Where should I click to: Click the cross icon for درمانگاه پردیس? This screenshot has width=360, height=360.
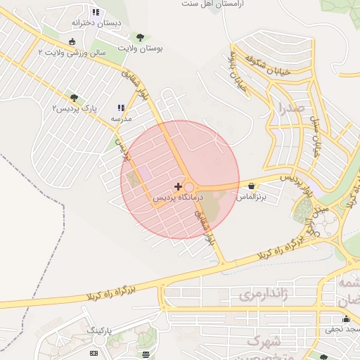point(178,186)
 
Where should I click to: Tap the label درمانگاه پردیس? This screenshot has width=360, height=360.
point(178,198)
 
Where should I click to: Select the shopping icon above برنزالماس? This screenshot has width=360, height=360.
point(252,186)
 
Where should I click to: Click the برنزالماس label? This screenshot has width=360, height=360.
point(252,198)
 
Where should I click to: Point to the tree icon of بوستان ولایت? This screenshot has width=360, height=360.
point(141,37)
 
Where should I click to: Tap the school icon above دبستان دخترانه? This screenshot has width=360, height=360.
point(96,12)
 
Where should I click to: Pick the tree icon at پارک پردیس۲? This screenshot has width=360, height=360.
point(75,98)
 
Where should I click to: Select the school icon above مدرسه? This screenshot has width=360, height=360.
point(122,108)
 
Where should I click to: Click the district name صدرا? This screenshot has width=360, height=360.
point(290,109)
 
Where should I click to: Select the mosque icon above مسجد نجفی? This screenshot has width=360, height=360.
point(345,319)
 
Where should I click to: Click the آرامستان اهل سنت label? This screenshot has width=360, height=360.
point(211,4)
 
